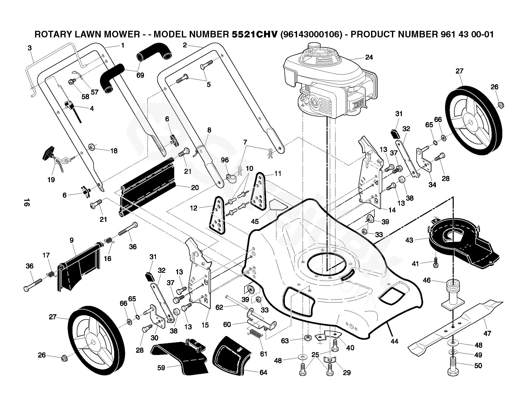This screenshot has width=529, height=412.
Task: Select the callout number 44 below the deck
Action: tap(394, 342)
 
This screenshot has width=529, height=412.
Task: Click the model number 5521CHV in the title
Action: tap(254, 34)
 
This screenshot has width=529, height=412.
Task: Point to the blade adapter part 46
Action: tap(453, 295)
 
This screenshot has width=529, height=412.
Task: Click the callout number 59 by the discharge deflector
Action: tap(161, 368)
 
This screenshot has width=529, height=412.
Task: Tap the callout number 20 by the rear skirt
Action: tap(195, 188)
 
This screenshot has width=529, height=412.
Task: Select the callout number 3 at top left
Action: tap(30, 48)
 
